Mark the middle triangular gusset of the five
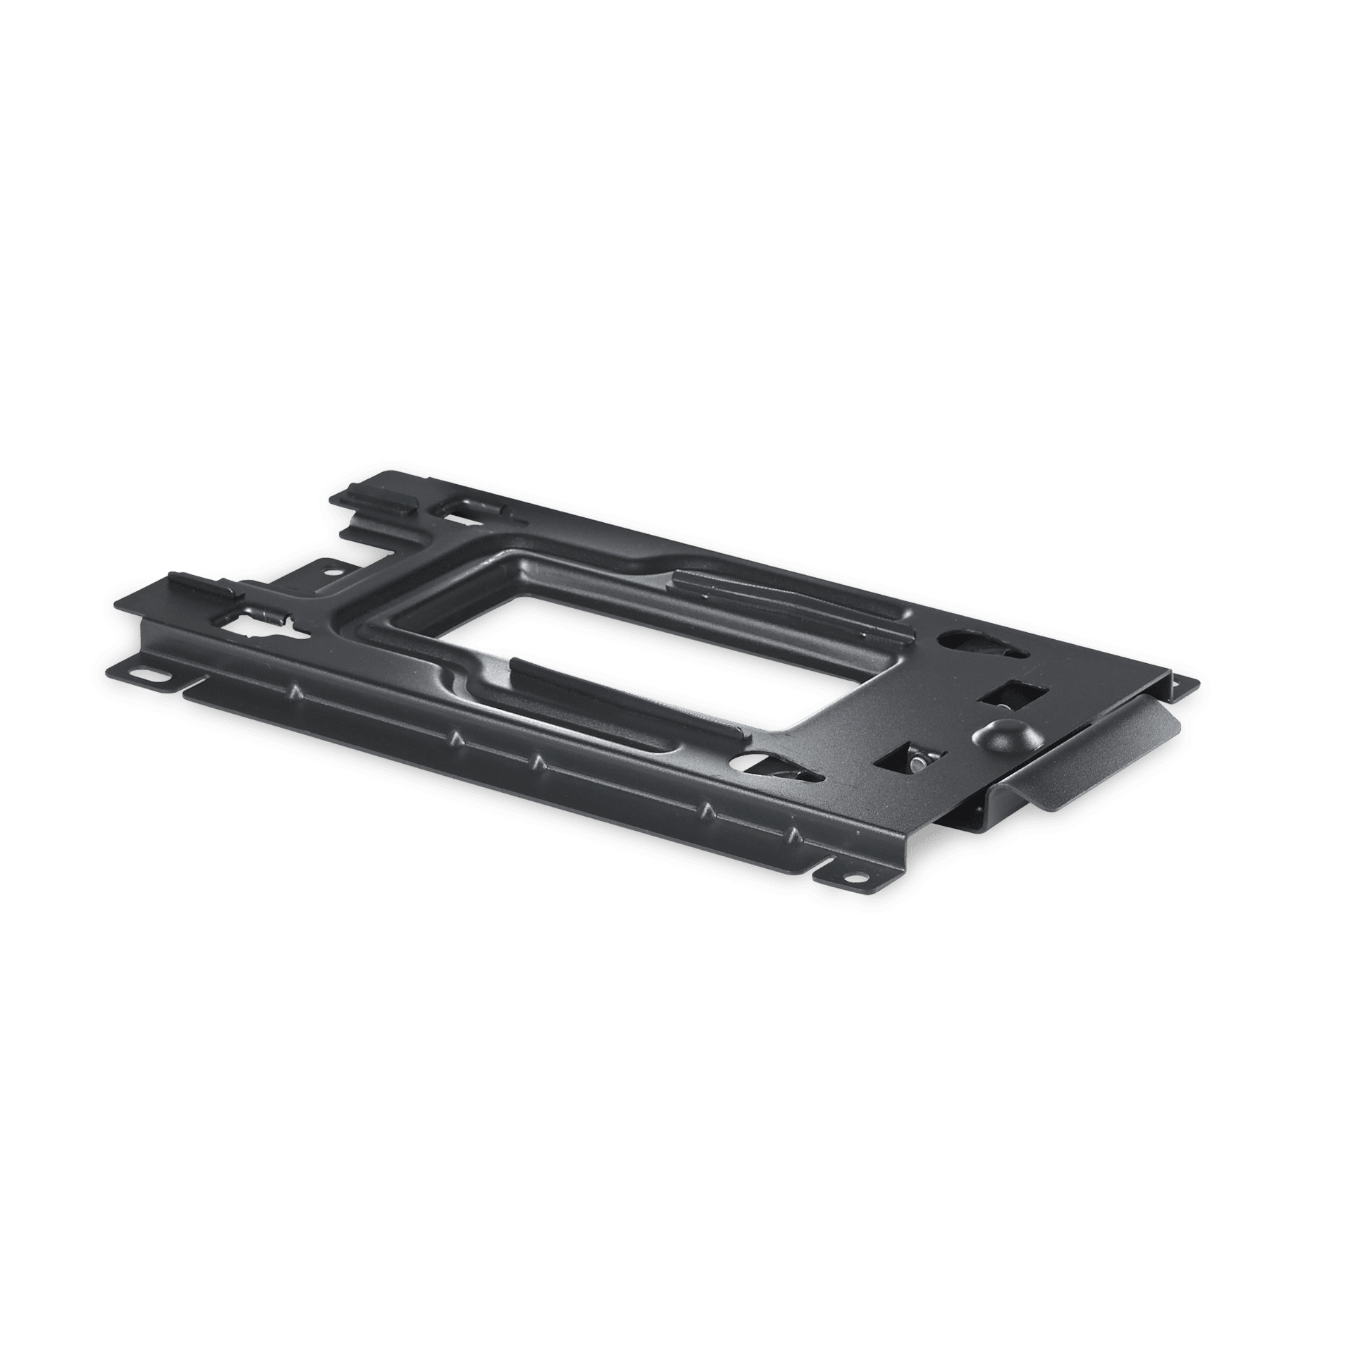[x=537, y=762]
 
